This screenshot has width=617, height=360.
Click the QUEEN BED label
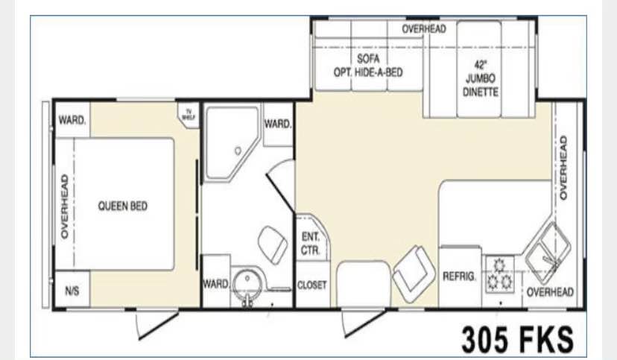coord(123,206)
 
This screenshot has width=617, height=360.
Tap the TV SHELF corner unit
coord(189,115)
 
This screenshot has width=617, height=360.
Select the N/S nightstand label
coord(72,291)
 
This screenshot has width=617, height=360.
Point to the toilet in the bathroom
coord(273,244)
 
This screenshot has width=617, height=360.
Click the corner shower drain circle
coord(238,151)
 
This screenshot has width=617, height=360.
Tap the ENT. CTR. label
coord(311,244)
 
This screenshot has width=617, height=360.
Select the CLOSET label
coord(312,285)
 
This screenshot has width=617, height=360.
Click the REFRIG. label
coord(459,277)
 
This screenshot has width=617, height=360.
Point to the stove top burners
coord(500,274)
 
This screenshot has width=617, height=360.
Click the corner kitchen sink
coord(548,253)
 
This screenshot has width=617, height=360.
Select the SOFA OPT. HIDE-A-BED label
coord(368,66)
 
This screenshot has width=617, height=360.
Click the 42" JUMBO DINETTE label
coord(481,79)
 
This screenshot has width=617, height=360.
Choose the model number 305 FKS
coord(517,339)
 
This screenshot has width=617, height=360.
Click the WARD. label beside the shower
coord(278,124)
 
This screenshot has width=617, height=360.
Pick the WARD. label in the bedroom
coord(72,119)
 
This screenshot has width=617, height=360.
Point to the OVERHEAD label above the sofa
coord(424,29)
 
